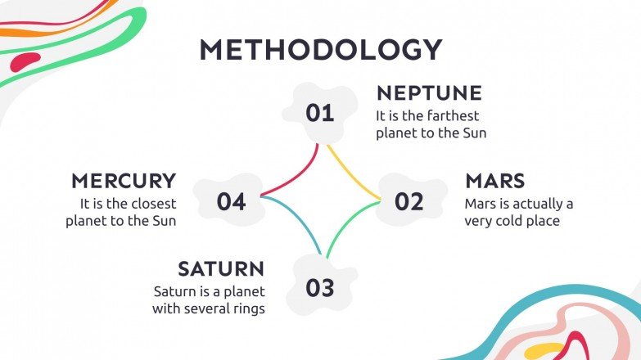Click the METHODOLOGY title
click(x=321, y=49)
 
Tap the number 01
click(x=320, y=113)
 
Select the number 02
click(x=409, y=201)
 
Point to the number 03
click(x=320, y=288)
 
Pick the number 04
click(x=231, y=201)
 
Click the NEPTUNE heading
click(x=429, y=93)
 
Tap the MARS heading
click(x=495, y=181)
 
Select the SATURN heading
click(x=221, y=269)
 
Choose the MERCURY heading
click(x=124, y=181)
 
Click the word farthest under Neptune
click(x=453, y=116)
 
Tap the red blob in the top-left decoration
click(x=25, y=61)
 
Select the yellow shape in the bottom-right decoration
click(x=544, y=351)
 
